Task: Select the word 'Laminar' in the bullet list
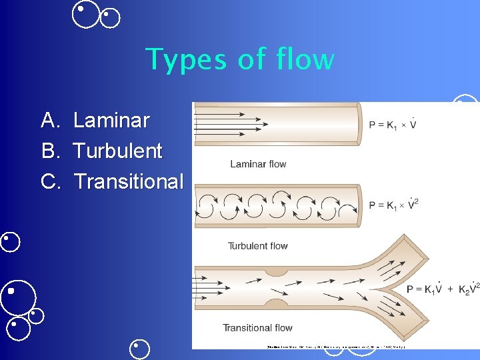(x=111, y=121)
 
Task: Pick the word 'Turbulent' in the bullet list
(x=117, y=151)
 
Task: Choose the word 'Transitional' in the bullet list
(x=128, y=181)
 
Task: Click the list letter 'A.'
(x=51, y=121)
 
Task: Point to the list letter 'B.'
(x=51, y=151)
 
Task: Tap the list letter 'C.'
(x=51, y=181)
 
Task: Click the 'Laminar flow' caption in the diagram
(x=258, y=164)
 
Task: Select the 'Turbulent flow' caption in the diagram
(x=258, y=246)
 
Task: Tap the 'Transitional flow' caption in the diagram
(x=257, y=327)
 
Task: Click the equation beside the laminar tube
(x=393, y=125)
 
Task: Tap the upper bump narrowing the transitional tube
(x=275, y=271)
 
